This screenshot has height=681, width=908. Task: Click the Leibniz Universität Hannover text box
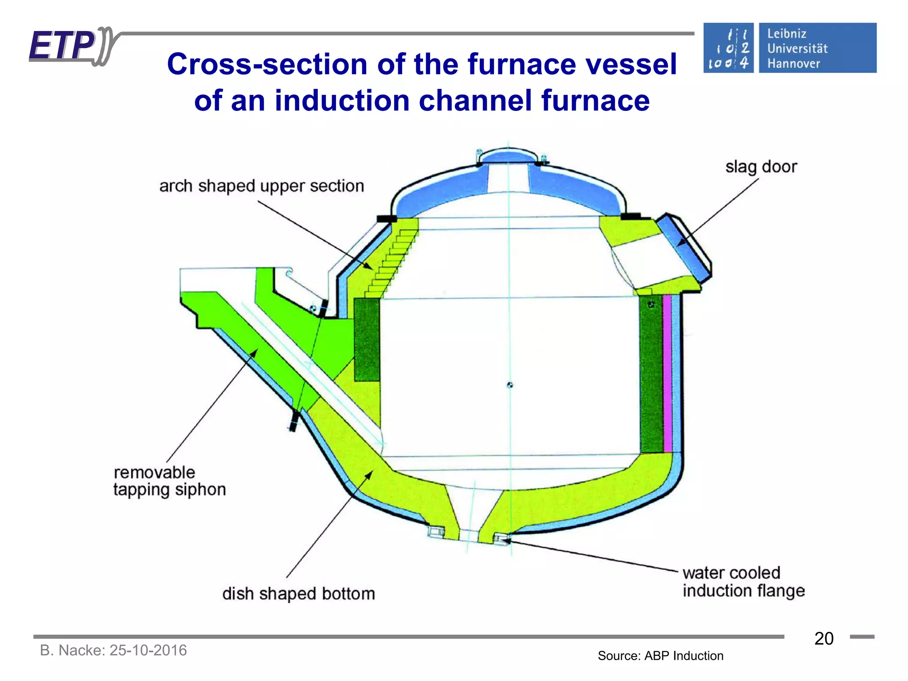[x=817, y=48]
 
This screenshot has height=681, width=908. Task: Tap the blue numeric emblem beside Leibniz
[x=728, y=48]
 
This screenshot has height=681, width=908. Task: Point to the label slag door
[x=761, y=167]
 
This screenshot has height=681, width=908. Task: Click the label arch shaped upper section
[x=262, y=186]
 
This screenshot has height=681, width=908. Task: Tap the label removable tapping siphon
[x=169, y=481]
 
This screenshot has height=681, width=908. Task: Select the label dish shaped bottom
[x=298, y=594]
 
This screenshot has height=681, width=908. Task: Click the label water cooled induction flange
[x=743, y=582]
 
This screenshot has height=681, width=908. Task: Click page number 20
[x=824, y=639]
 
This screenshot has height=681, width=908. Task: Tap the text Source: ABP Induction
[x=660, y=656]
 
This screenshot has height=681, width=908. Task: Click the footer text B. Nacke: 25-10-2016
[x=113, y=650]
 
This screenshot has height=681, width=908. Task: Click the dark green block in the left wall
[x=367, y=340]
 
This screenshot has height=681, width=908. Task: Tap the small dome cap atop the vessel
[x=508, y=156]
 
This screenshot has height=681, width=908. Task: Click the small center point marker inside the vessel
[x=510, y=385]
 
